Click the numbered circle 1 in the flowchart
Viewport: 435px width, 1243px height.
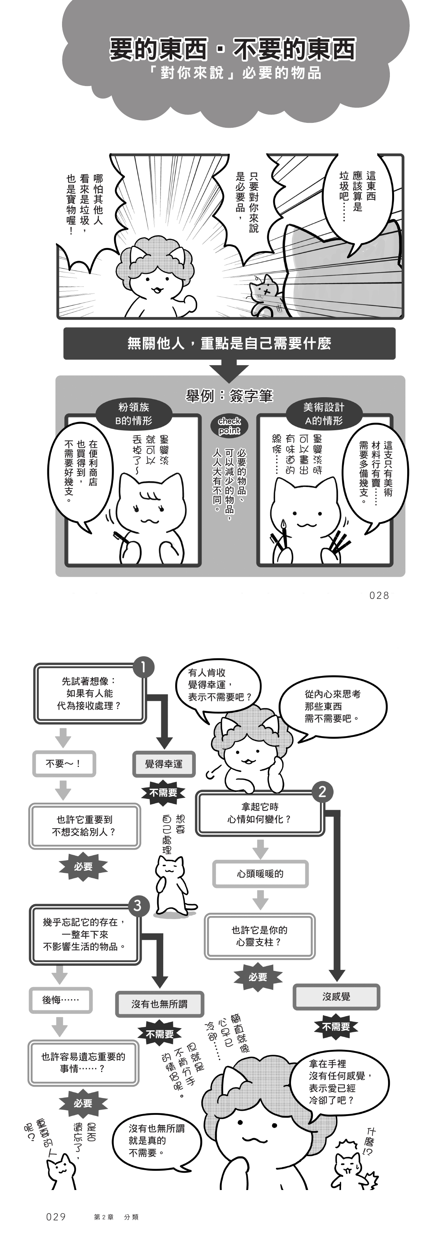click(143, 667)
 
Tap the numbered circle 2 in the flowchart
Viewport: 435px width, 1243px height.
click(323, 791)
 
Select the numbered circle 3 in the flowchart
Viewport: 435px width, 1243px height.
click(138, 905)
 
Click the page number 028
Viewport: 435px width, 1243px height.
click(379, 596)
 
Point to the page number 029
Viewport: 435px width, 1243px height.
click(56, 1217)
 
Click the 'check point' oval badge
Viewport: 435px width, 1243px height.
click(229, 426)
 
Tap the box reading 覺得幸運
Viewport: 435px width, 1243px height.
click(164, 764)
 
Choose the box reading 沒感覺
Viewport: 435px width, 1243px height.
click(336, 997)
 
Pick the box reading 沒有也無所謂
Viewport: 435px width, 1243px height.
click(159, 1004)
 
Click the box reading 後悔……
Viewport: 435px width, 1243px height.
click(61, 1000)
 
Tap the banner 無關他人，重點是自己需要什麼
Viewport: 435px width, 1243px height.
click(229, 343)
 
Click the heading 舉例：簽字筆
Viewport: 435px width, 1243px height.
click(229, 396)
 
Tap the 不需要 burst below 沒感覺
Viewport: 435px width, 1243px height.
click(336, 1027)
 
